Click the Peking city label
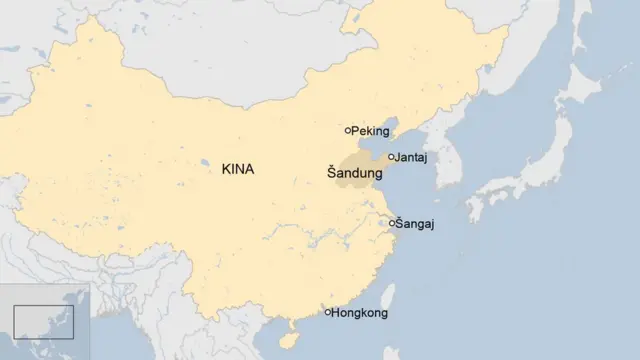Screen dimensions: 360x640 pos(371,131)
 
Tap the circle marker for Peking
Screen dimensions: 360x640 pos(348,131)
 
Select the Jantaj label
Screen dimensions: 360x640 pos(413,158)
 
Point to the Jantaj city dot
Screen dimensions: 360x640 pos(391,157)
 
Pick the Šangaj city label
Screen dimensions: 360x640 pos(416,223)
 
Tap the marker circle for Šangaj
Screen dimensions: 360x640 pos(392,223)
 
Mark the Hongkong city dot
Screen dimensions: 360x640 pos(328,313)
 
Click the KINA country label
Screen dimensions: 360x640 pos(237,169)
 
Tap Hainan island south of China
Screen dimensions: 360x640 pos(284,330)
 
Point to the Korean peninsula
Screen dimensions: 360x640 pos(446,160)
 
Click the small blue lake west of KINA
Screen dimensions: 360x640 pos(204,162)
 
